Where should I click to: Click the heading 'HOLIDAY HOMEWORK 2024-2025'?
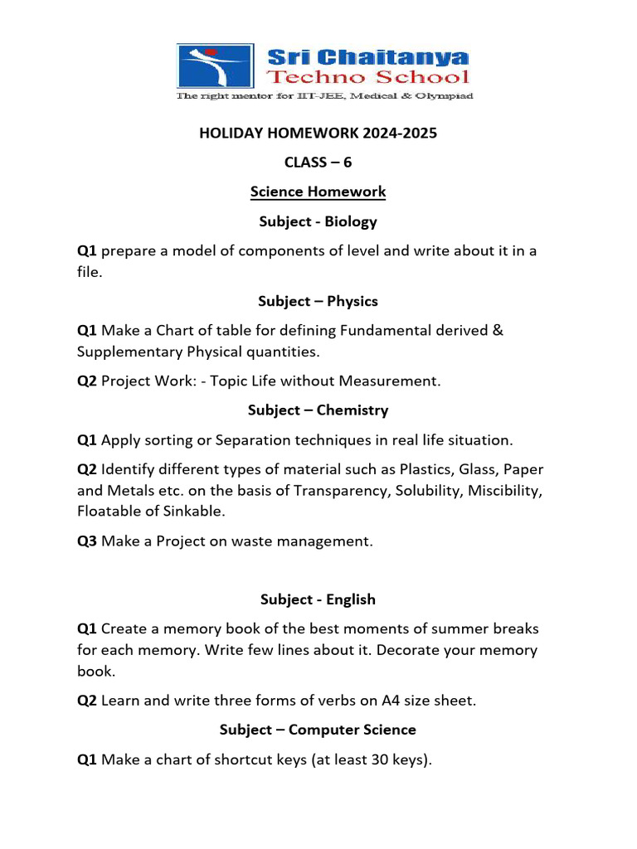(318, 133)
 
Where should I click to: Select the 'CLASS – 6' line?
(318, 163)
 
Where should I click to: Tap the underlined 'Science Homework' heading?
(318, 192)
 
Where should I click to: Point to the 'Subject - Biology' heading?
(318, 221)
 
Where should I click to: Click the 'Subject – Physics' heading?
(318, 301)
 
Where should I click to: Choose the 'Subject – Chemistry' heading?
(318, 410)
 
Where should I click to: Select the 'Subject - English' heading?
(318, 599)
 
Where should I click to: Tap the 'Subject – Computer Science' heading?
(318, 730)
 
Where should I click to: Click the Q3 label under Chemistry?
(87, 541)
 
